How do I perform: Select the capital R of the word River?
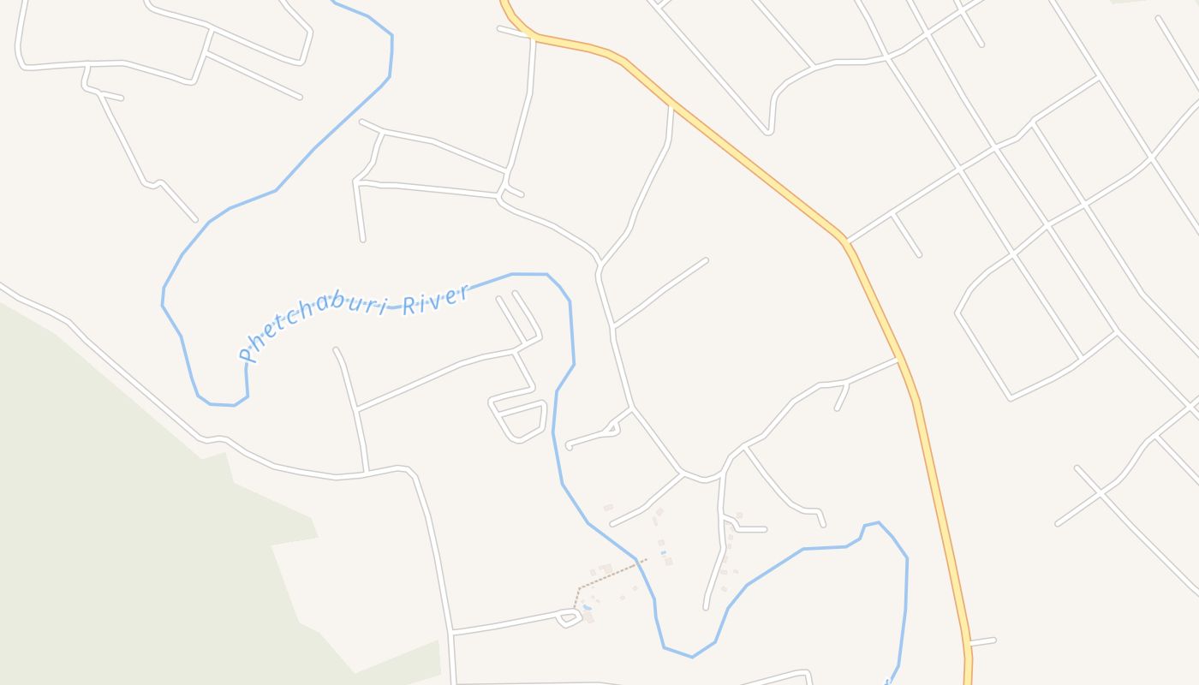coord(409,304)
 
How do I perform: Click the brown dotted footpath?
coord(608,574)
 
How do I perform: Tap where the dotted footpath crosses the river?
coord(637,562)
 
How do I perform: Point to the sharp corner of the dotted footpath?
coord(579,589)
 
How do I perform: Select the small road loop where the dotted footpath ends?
coord(570,616)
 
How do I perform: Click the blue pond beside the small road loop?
coord(588,609)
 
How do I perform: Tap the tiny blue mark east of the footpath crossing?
coord(663,553)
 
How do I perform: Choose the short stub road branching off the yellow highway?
coord(982,640)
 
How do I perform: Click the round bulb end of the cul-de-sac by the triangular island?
coord(569,445)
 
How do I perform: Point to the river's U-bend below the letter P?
coord(218,402)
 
